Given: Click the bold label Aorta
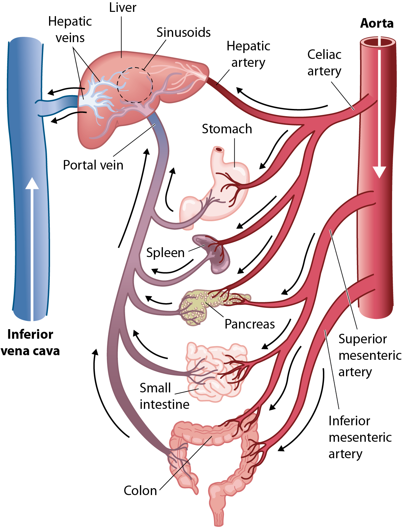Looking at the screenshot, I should point(377,23).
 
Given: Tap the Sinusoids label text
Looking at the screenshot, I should point(183,32).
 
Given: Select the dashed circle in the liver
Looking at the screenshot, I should point(135,85).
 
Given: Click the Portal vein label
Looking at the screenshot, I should point(93,165).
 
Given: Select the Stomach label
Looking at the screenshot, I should point(227,129).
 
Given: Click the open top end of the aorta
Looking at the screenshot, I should point(378,42).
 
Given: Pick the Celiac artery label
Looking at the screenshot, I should point(324,63).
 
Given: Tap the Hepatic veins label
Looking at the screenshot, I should point(70,29).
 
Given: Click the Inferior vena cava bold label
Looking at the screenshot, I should point(30,342).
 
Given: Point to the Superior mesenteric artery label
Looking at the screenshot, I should point(369,355).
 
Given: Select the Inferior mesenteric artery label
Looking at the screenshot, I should point(360,437).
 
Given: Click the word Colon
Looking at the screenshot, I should point(140,490).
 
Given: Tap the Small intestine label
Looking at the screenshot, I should point(164,396).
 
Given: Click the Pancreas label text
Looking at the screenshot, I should point(250,324).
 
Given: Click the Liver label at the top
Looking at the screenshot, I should point(122,8).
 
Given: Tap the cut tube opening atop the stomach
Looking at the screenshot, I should point(219,150).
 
